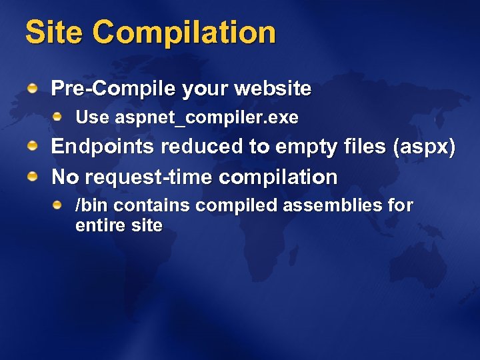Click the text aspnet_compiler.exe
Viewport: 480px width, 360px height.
point(207,119)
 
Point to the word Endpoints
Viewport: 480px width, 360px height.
point(99,147)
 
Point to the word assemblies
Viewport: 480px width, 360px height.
point(333,205)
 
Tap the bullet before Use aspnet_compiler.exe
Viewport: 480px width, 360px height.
point(58,117)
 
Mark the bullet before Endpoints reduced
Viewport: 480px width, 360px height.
point(32,146)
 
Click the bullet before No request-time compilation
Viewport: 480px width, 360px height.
point(32,176)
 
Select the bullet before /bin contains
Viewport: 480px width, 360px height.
point(58,204)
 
